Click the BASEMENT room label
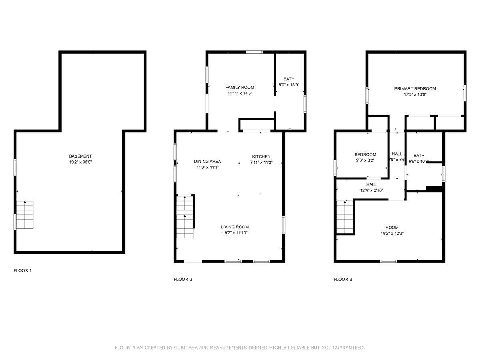click(x=80, y=156)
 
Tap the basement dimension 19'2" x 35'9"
click(x=80, y=162)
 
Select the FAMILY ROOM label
click(x=240, y=88)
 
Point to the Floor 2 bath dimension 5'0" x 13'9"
click(x=289, y=85)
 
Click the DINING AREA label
click(x=208, y=162)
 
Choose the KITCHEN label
click(x=261, y=156)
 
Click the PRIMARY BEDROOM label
click(x=415, y=89)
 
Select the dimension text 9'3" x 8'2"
click(x=365, y=160)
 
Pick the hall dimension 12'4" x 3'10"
click(x=371, y=190)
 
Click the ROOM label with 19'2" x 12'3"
click(x=392, y=228)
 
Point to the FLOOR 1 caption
click(x=23, y=271)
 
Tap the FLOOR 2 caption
click(x=183, y=280)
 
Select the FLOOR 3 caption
click(x=343, y=280)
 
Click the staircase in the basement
click(x=25, y=215)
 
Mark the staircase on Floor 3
click(x=345, y=217)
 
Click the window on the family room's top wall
click(x=254, y=52)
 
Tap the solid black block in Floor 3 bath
click(x=434, y=189)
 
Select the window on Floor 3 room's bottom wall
click(x=388, y=261)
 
